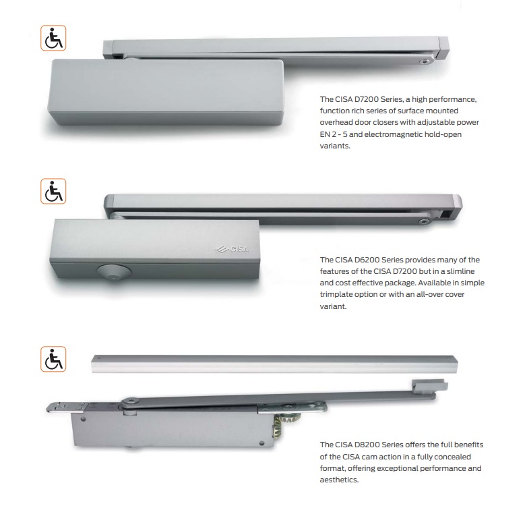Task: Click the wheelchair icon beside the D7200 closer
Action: pos(53,38)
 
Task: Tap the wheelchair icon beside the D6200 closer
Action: pos(53,191)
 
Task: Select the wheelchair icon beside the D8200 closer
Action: pos(53,359)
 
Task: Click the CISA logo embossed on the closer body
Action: pos(232,250)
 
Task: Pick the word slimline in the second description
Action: pos(460,271)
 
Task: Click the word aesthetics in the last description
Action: pos(339,480)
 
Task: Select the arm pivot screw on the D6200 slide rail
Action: pos(421,221)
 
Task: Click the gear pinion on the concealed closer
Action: pos(282,424)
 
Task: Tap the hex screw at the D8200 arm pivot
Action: pos(130,401)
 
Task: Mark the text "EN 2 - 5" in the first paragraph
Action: pos(334,134)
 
